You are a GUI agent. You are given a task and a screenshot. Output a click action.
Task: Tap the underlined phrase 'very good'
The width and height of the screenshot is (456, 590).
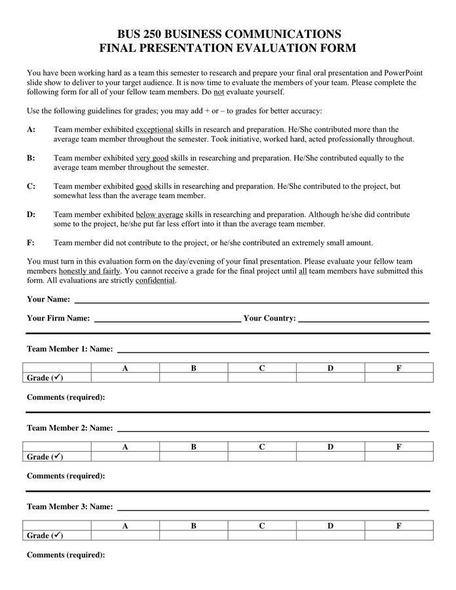(152, 158)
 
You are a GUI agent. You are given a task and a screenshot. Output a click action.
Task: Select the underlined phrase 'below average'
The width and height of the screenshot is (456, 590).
(159, 214)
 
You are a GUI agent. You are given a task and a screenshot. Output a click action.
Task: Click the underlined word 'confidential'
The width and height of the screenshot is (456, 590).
(155, 280)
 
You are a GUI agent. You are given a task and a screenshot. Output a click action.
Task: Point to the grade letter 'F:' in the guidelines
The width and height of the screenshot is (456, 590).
(31, 243)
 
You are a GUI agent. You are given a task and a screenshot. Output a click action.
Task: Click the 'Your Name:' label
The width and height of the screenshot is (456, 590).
(48, 300)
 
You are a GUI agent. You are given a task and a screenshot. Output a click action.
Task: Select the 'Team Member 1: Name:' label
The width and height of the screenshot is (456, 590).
(69, 349)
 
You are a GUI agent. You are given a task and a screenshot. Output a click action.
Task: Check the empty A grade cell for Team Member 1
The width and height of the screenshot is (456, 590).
(125, 378)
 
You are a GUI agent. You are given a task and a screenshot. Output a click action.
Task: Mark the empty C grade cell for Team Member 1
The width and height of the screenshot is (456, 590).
(261, 378)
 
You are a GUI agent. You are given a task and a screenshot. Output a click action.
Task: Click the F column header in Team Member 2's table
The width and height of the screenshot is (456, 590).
(399, 447)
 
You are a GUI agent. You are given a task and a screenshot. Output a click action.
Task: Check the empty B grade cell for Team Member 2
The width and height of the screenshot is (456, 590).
(193, 457)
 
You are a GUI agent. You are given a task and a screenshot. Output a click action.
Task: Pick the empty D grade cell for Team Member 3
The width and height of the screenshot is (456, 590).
(330, 536)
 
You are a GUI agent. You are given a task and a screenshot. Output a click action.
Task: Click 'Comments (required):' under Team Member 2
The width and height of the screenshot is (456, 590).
(66, 476)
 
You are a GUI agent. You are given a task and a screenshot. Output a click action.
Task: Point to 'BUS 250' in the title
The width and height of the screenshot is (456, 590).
(140, 34)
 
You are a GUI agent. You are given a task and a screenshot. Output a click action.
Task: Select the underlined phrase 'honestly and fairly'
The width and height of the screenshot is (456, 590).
(90, 271)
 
